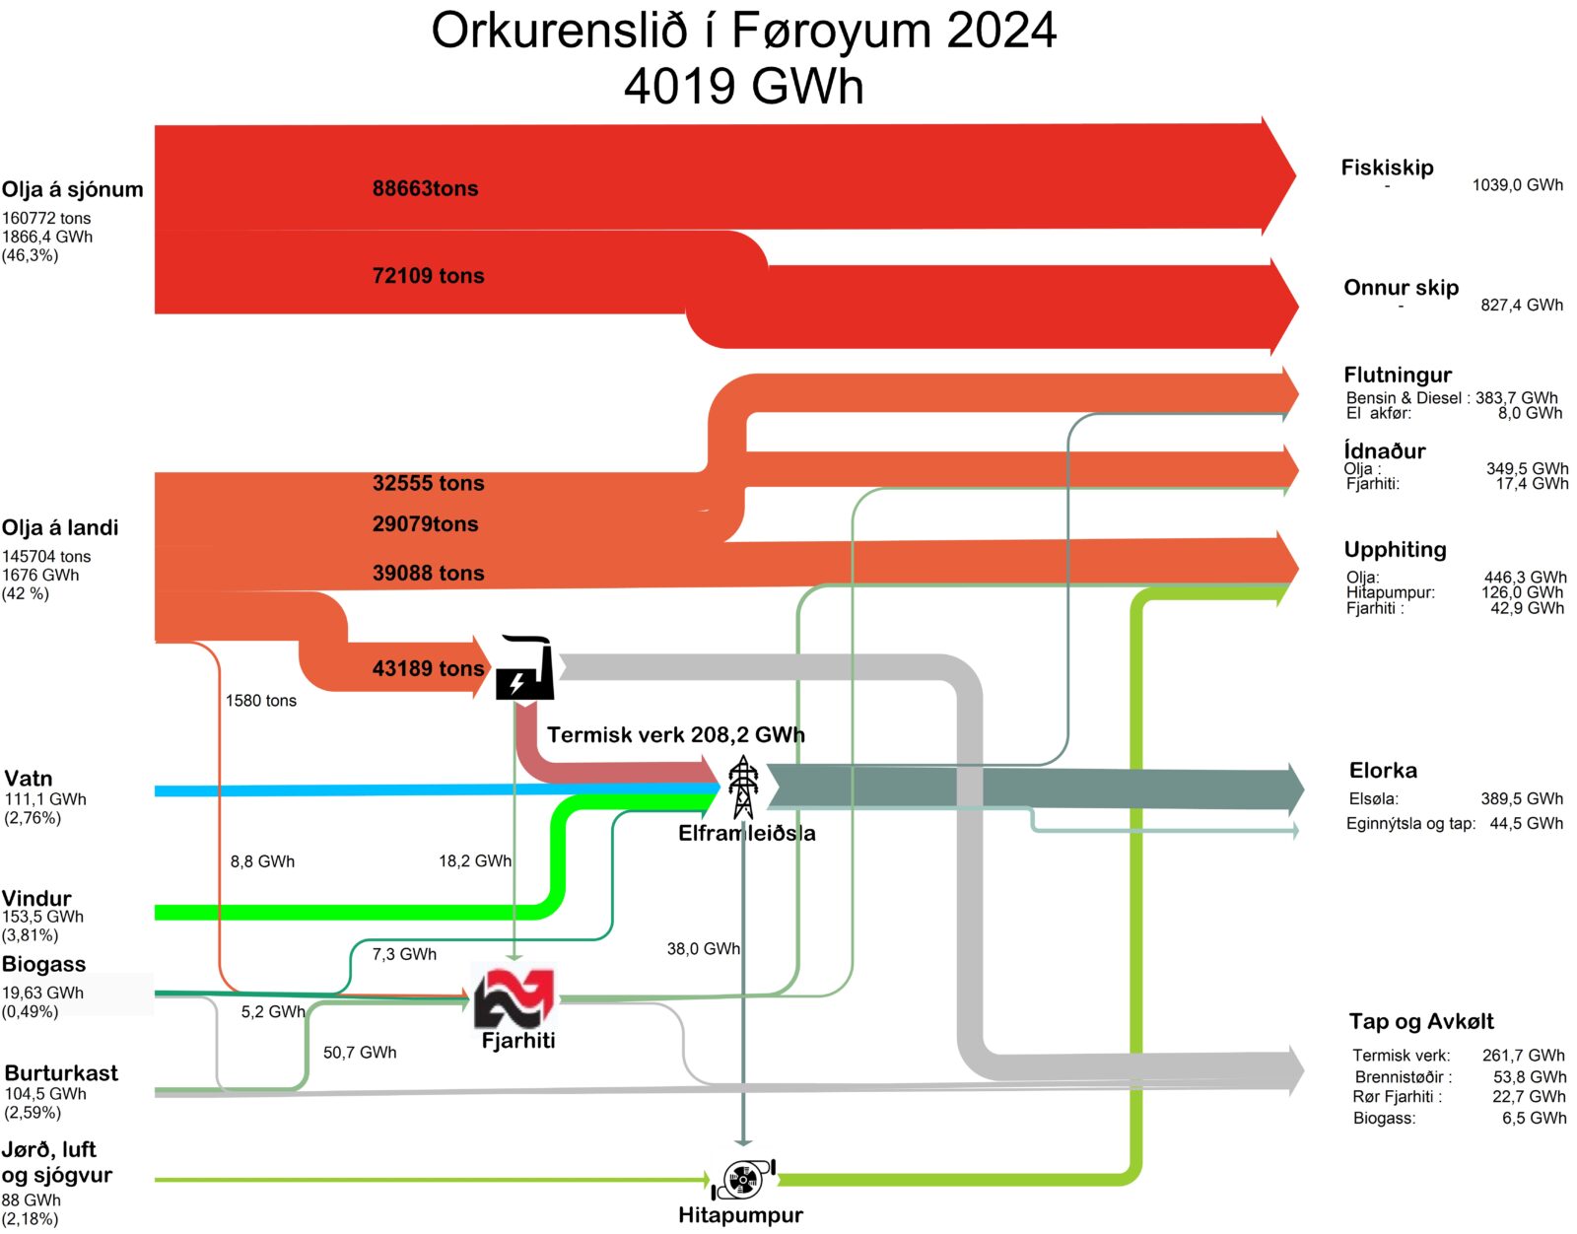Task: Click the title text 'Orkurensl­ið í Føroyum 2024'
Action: [x=744, y=32]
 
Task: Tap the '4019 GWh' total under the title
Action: [x=744, y=87]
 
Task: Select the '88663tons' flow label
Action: [x=425, y=188]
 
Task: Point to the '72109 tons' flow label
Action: [x=428, y=276]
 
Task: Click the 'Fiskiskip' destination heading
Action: [x=1387, y=168]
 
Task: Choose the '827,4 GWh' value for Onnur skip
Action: [x=1522, y=306]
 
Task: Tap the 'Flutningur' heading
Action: [x=1397, y=375]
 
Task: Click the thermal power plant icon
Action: [x=525, y=667]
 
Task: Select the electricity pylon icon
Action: [x=743, y=788]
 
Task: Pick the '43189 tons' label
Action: [x=428, y=668]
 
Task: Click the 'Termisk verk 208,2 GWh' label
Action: [x=676, y=735]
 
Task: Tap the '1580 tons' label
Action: [x=261, y=701]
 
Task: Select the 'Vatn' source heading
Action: [x=29, y=779]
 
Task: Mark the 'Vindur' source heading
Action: [x=36, y=898]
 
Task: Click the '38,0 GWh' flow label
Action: [x=703, y=949]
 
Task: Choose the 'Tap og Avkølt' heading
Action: [x=1421, y=1021]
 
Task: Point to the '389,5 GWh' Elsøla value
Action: [x=1522, y=798]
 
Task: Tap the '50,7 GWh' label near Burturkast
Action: [x=360, y=1053]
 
